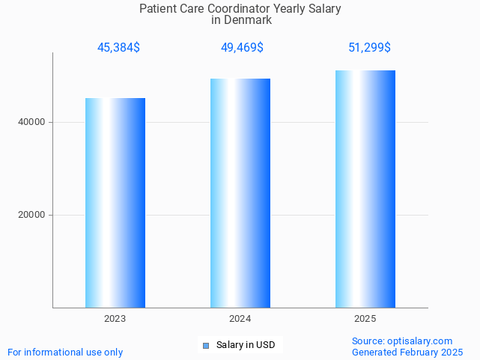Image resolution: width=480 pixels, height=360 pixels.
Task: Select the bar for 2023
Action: (x=115, y=203)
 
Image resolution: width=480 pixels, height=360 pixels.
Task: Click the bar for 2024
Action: (x=240, y=193)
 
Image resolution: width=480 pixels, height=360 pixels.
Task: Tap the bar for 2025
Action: (x=365, y=189)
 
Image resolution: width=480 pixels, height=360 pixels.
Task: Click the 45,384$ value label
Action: (x=118, y=48)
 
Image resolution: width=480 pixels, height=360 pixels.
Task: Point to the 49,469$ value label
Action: (x=242, y=48)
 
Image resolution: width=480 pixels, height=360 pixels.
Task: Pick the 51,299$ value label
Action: (x=369, y=48)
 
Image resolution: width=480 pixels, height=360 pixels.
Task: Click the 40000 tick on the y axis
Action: (x=31, y=122)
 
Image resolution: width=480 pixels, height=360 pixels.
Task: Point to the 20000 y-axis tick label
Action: (x=31, y=215)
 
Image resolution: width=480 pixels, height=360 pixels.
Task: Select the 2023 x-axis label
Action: (x=115, y=319)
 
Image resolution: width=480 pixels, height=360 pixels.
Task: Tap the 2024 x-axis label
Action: (x=240, y=319)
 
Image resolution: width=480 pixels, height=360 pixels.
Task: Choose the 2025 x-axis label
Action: (x=365, y=319)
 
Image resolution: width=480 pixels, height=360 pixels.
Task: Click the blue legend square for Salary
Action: (x=206, y=345)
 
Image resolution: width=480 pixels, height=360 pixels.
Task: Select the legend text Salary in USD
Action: (x=246, y=345)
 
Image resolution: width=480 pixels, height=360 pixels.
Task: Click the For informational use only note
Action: (x=65, y=352)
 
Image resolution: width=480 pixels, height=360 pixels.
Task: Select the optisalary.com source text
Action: (x=419, y=341)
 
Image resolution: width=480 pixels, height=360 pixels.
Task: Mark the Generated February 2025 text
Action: (x=407, y=352)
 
